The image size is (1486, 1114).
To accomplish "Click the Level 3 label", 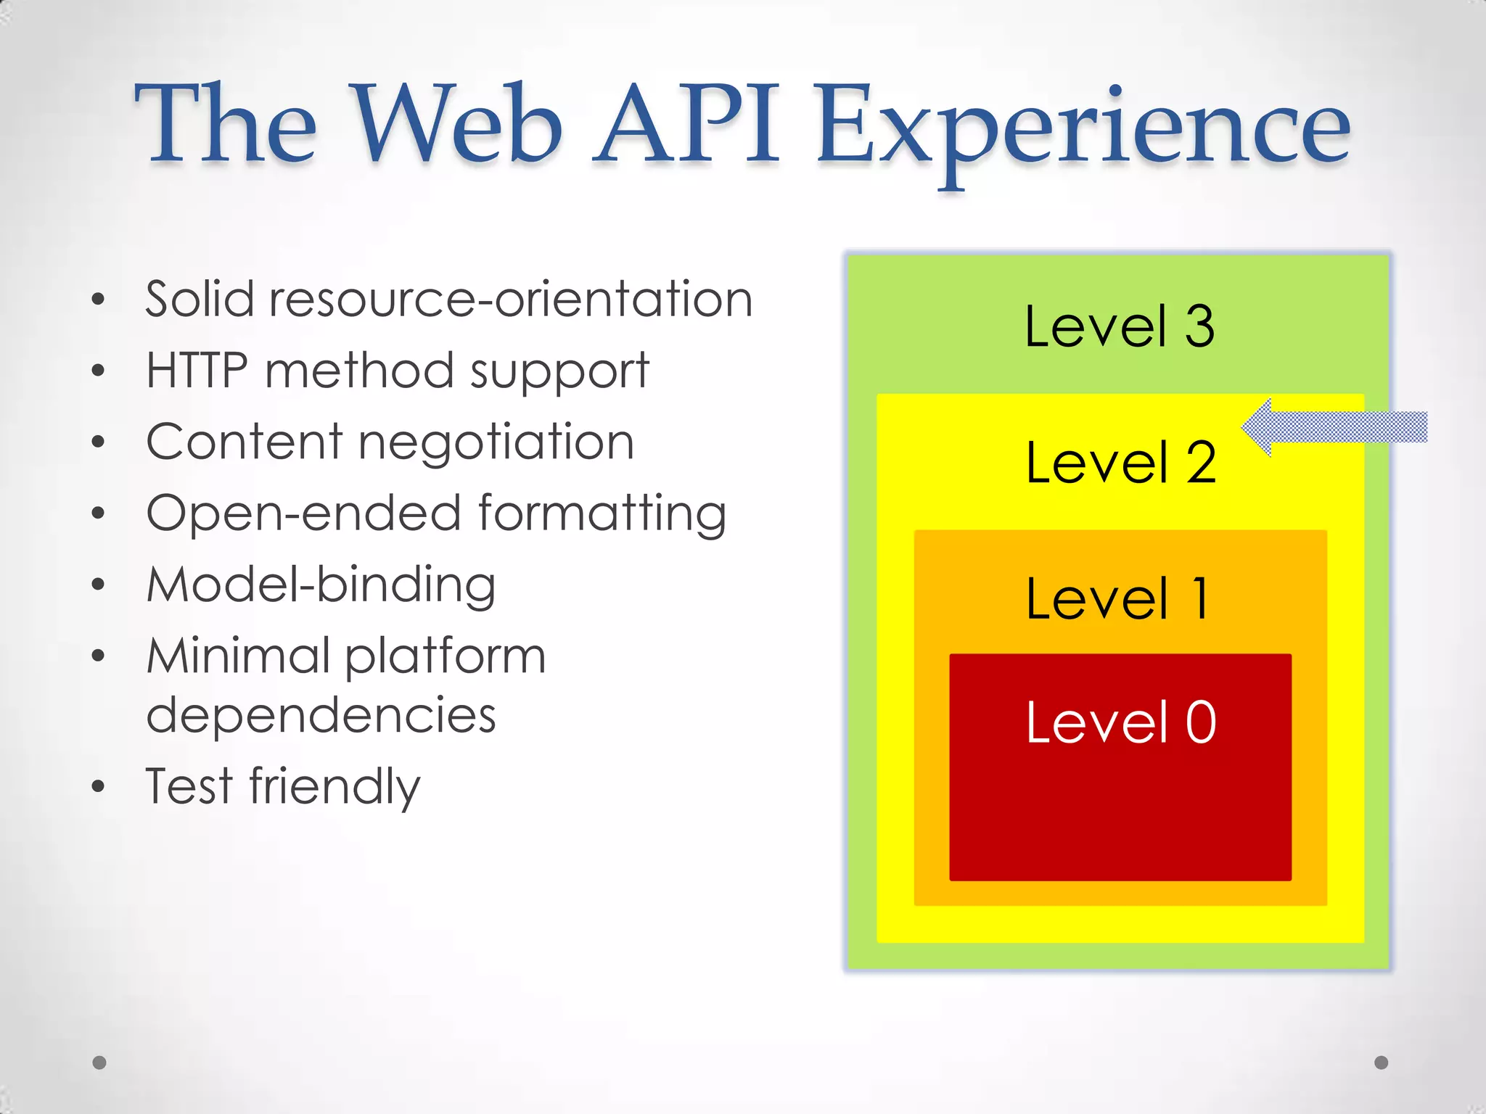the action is pyautogui.click(x=1119, y=326).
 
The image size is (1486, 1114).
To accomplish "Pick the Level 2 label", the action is pyautogui.click(x=1120, y=462).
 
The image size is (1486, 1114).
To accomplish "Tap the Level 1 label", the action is pyautogui.click(x=1119, y=598).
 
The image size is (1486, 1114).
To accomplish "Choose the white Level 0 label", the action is pyautogui.click(x=1120, y=722).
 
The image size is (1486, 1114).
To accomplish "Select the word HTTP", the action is pyautogui.click(x=197, y=370).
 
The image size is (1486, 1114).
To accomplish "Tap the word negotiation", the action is pyautogui.click(x=496, y=442).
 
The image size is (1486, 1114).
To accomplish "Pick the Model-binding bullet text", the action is pyautogui.click(x=321, y=585).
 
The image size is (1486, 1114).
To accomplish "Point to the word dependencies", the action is pyautogui.click(x=321, y=715).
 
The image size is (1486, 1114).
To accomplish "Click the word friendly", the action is pyautogui.click(x=334, y=786).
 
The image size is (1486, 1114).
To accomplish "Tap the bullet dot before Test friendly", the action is pyautogui.click(x=99, y=787).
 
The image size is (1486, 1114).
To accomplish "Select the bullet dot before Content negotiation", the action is pyautogui.click(x=99, y=442).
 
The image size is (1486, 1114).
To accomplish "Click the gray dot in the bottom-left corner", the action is pyautogui.click(x=99, y=1063).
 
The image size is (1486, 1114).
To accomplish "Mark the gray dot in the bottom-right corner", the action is pyautogui.click(x=1382, y=1063).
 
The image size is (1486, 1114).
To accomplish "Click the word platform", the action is pyautogui.click(x=445, y=656).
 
